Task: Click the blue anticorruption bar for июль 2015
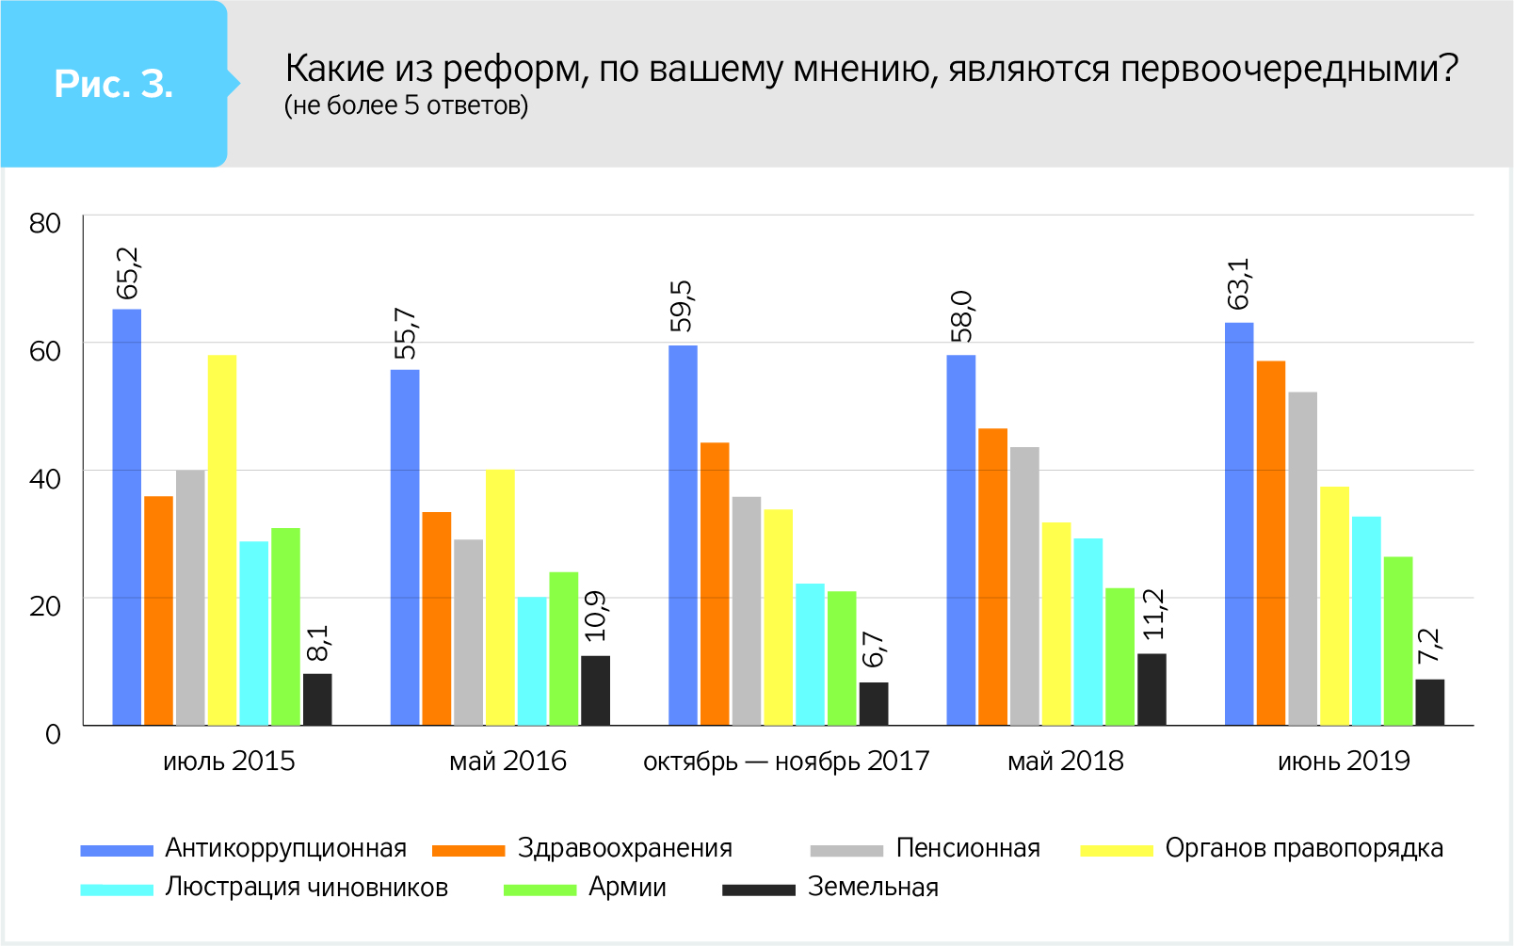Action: click(127, 517)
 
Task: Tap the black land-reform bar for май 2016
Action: click(595, 690)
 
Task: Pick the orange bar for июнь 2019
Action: click(1270, 543)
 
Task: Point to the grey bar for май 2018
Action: click(1024, 585)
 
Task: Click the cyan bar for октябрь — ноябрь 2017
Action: click(810, 654)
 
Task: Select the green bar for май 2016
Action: click(564, 649)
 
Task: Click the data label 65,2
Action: click(127, 273)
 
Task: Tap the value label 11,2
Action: click(1153, 614)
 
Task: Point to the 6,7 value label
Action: click(874, 649)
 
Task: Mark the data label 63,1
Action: click(1239, 283)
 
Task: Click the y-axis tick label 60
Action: click(45, 351)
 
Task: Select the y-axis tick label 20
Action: click(45, 605)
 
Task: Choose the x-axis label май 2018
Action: click(1065, 761)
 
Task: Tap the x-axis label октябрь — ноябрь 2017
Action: click(785, 761)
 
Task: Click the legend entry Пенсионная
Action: click(967, 848)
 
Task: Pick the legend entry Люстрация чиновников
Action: click(306, 887)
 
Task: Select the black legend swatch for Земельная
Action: click(758, 889)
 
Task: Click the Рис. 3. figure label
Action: click(114, 85)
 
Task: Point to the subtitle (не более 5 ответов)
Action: click(406, 105)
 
